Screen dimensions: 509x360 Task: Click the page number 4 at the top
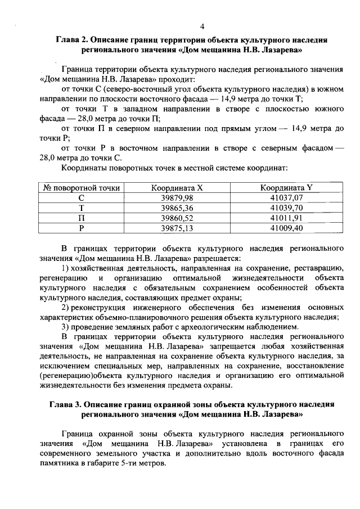[x=202, y=26]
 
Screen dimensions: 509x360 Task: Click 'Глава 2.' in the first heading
[x=73, y=41]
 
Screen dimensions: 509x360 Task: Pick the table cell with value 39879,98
[x=177, y=198]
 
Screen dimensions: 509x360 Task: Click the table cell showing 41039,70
[x=286, y=208]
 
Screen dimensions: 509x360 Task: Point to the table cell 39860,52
[x=177, y=218]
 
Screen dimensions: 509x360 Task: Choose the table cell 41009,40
[x=286, y=228]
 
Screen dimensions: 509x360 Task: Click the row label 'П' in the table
[x=81, y=218]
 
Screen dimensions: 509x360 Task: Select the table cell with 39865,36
[x=177, y=208]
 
